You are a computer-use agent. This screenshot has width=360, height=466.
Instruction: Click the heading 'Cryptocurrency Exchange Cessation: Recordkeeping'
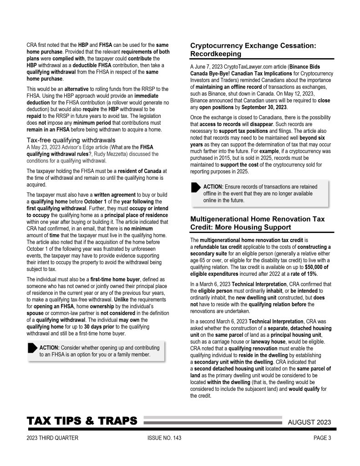tap(253, 50)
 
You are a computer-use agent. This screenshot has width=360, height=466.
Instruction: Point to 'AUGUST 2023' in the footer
tap(309, 422)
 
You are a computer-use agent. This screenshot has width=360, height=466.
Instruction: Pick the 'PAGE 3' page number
tap(322, 438)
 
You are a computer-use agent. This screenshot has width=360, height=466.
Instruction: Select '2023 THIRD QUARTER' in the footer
tap(52, 438)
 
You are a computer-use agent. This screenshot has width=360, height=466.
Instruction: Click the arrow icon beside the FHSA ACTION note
tap(33, 349)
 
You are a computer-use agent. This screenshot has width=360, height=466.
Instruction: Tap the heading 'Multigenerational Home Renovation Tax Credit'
tap(257, 223)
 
